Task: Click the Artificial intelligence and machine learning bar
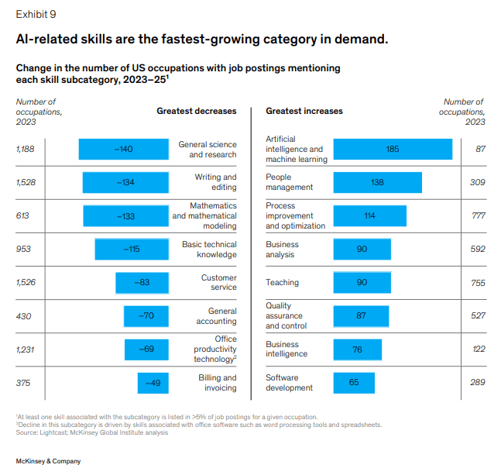tap(393, 149)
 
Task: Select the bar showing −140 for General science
tap(123, 149)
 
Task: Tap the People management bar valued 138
tap(377, 182)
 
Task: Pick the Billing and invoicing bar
tap(148, 383)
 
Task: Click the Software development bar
tap(354, 383)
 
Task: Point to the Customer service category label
tap(218, 283)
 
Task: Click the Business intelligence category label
tap(287, 349)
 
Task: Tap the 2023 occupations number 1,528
tap(27, 182)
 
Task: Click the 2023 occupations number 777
tap(477, 215)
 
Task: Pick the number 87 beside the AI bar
tap(480, 149)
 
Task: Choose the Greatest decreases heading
tap(196, 111)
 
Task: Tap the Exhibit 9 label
tap(36, 14)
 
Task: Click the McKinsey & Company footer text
tap(48, 461)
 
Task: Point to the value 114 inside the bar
tap(369, 215)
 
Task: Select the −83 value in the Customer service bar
tap(142, 283)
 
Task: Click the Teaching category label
tap(283, 283)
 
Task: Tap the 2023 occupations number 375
tap(24, 383)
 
